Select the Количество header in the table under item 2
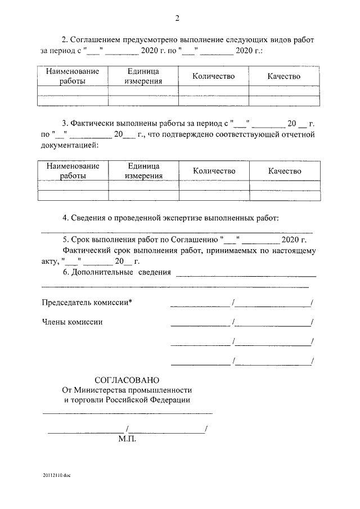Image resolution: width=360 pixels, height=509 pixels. click(x=213, y=76)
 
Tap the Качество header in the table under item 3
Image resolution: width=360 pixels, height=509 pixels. click(x=285, y=171)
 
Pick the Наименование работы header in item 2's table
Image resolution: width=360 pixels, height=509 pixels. click(x=73, y=76)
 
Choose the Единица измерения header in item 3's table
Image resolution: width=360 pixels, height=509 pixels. click(x=143, y=171)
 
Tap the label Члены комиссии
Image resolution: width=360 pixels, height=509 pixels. click(x=73, y=322)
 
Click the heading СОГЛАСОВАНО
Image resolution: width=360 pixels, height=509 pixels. click(x=127, y=380)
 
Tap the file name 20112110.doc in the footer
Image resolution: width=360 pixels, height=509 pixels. click(x=56, y=476)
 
